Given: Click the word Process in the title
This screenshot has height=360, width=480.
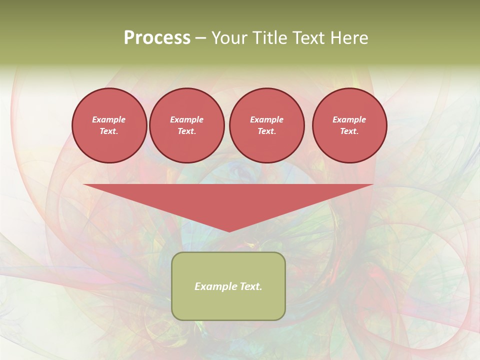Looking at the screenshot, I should point(157,38).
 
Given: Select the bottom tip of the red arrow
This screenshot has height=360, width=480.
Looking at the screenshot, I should point(229,230).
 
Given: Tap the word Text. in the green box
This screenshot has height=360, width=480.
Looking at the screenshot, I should point(249,286).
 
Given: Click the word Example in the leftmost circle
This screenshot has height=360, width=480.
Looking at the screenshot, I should point(109,119).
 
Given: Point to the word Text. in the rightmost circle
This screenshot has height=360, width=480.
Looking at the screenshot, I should point(349,131).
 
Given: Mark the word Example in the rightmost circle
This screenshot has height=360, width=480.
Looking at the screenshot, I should point(349,119).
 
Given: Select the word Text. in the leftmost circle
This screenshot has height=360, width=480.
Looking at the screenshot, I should point(109,131).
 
